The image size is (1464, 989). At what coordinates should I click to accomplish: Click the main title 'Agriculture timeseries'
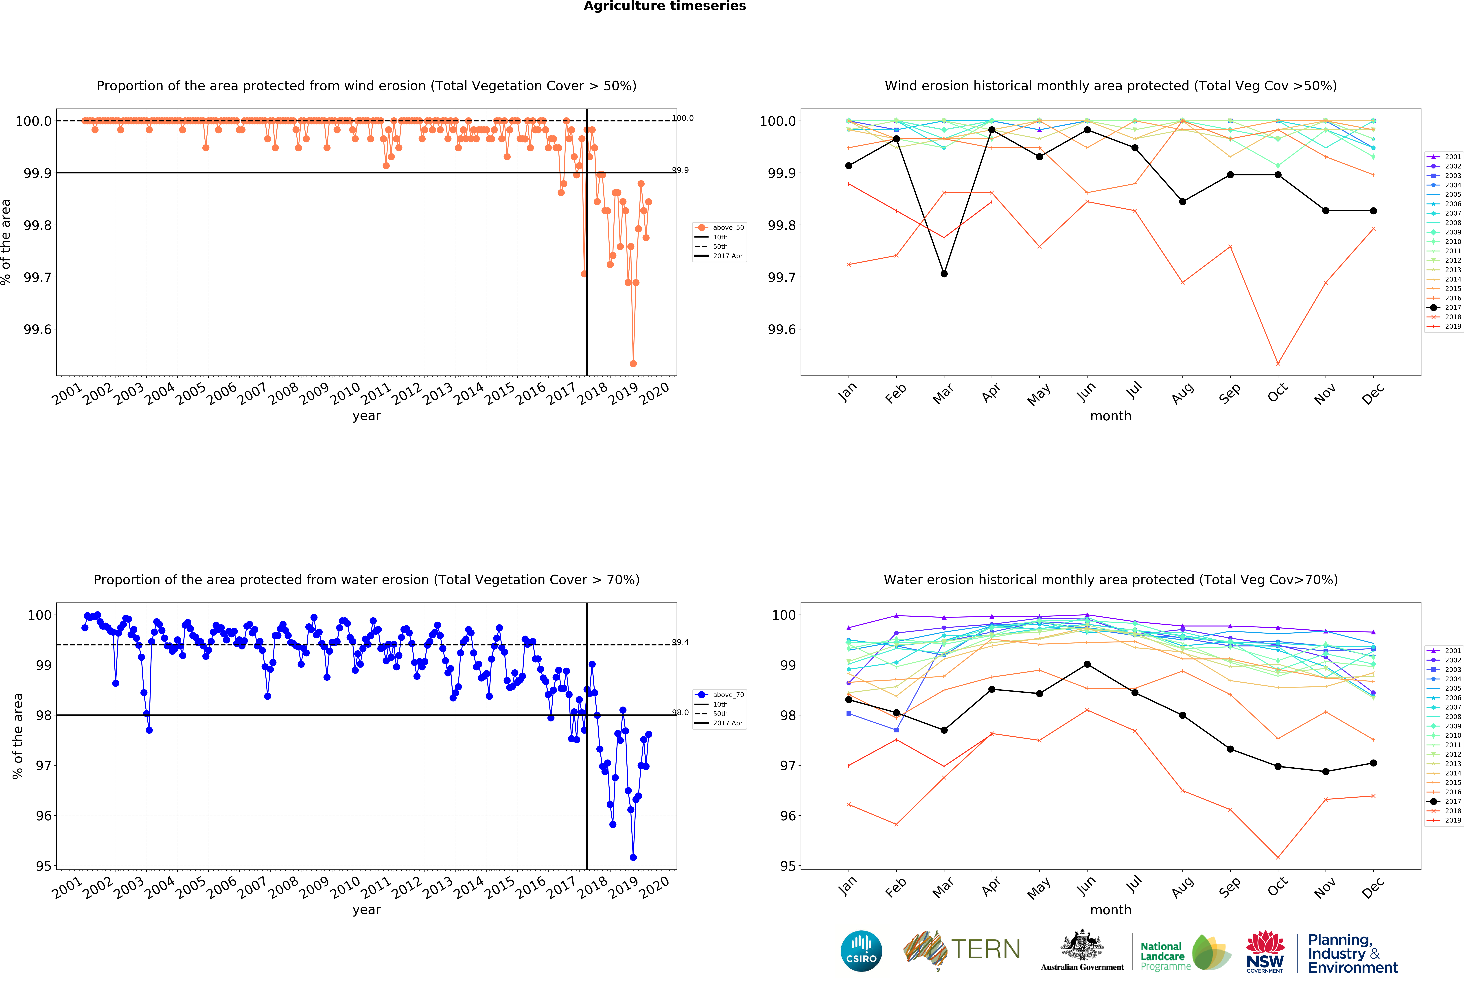(x=665, y=6)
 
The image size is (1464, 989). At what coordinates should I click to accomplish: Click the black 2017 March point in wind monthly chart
(x=944, y=274)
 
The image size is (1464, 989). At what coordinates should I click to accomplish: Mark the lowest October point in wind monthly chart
(x=1278, y=363)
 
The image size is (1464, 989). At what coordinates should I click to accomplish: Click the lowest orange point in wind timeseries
(x=633, y=363)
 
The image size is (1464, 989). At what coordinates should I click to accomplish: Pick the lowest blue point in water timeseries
(x=633, y=857)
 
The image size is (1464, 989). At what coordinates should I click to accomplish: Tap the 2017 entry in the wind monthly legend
(x=1453, y=307)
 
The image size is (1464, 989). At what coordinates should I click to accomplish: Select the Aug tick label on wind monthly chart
(x=1182, y=392)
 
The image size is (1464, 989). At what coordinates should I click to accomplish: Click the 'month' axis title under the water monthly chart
(x=1111, y=910)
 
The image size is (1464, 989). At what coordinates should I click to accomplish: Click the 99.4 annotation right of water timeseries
(x=680, y=642)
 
